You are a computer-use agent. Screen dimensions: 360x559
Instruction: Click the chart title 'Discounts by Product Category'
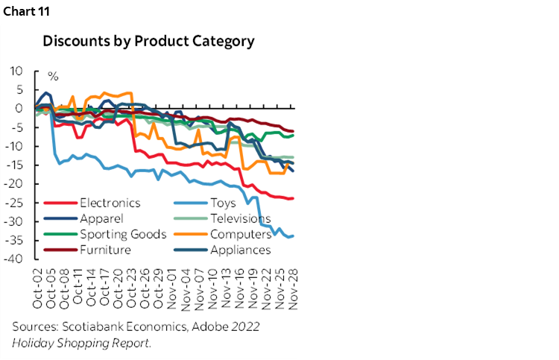click(148, 41)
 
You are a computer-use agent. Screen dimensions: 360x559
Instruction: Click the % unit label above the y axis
click(53, 76)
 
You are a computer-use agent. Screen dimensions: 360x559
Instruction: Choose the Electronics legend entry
click(108, 203)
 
